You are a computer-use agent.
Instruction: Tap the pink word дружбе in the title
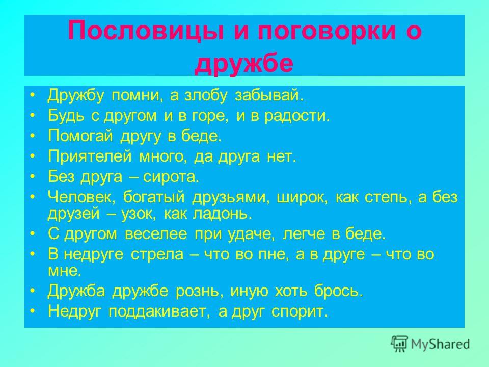pos(244,64)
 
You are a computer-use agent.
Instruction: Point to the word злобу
pos(205,95)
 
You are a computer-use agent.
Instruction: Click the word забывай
pos(269,95)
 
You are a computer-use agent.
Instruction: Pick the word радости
pos(297,116)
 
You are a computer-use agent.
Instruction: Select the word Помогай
pos(80,136)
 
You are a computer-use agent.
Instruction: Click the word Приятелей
pos(90,156)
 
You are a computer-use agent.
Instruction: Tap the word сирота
pos(171,177)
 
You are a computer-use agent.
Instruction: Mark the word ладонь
pos(223,214)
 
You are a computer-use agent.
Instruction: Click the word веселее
pos(156,234)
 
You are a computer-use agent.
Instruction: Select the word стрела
pos(157,254)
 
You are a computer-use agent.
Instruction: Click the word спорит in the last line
pos(300,311)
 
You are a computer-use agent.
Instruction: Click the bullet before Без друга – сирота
pos(33,177)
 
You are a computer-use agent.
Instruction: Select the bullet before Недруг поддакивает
pos(33,311)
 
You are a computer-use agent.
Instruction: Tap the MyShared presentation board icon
pos(399,344)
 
